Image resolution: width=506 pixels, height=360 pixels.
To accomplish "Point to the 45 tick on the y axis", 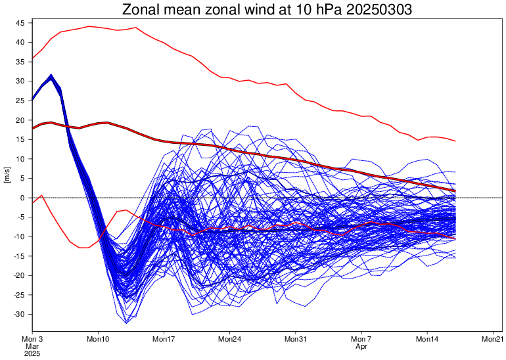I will click(x=20, y=23).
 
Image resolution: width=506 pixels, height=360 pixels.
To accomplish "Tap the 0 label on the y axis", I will click(x=22, y=198).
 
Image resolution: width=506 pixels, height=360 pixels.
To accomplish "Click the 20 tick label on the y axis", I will click(x=20, y=120).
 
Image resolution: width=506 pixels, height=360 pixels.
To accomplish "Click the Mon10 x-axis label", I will click(x=98, y=339).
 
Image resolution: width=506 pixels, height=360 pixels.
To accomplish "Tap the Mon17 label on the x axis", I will click(x=164, y=339).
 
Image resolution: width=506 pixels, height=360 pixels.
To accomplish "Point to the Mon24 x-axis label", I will click(x=230, y=339).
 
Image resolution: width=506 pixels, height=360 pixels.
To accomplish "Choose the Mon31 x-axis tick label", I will click(x=296, y=339).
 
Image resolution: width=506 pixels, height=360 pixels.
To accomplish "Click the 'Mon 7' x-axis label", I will click(x=361, y=339).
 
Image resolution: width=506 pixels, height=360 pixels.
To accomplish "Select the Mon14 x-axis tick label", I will click(x=428, y=339).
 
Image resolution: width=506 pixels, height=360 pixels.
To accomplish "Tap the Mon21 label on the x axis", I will click(x=493, y=339).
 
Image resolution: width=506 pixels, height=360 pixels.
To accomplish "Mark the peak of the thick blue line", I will click(x=51, y=76).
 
